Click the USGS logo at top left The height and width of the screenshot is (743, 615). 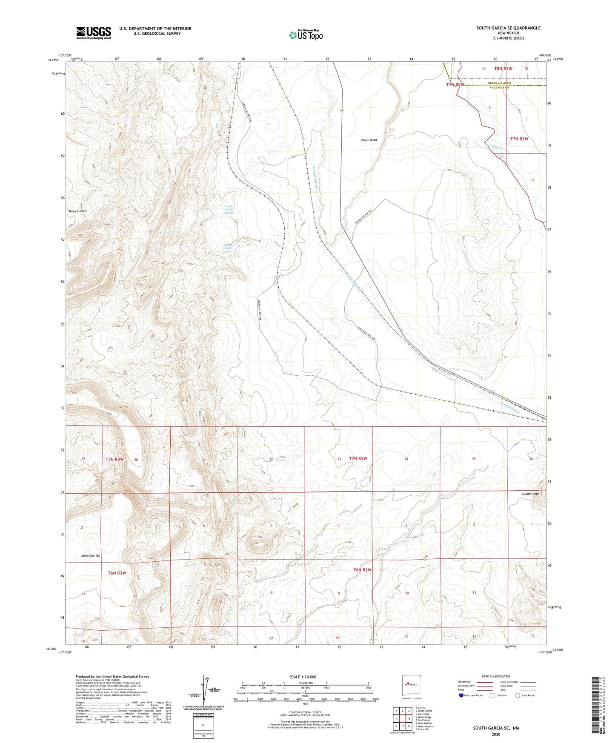pos(94,33)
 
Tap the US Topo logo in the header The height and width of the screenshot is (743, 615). pos(305,35)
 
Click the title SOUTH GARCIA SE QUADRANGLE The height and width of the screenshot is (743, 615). pos(508,28)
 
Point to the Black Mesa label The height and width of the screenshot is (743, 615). pos(369,140)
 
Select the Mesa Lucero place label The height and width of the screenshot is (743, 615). pos(77,211)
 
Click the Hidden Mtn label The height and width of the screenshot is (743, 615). pos(530,494)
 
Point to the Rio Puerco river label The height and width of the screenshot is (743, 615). pos(495,147)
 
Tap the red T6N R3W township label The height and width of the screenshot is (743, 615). pos(117,573)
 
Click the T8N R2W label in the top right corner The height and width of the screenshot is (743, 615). pos(503,69)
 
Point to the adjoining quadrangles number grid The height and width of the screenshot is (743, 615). pos(403,720)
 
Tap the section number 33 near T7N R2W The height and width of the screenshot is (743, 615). pos(339,459)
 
